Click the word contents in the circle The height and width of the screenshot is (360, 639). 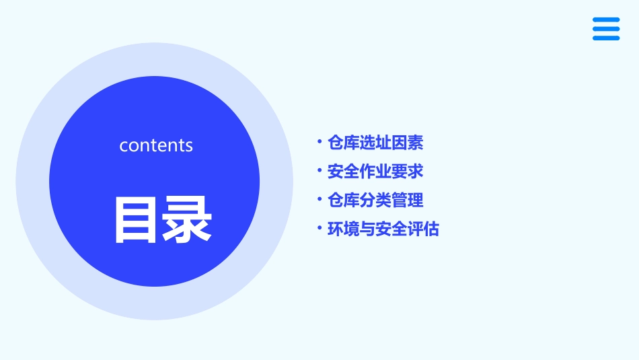(x=156, y=145)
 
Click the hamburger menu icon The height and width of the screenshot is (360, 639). (x=606, y=29)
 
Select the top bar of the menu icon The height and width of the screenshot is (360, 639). (x=606, y=20)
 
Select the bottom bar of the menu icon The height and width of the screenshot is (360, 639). (x=606, y=38)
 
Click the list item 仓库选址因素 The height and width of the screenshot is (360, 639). (x=375, y=143)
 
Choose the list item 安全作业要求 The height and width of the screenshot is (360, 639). (x=375, y=172)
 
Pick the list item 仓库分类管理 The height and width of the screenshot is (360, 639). (x=375, y=201)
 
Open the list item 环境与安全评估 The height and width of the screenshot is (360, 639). (x=383, y=229)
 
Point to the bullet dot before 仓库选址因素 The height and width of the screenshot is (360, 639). (x=319, y=141)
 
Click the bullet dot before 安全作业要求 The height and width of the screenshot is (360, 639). (x=319, y=170)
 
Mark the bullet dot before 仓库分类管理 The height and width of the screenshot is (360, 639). (x=319, y=199)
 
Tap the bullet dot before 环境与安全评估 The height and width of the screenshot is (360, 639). (x=319, y=228)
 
